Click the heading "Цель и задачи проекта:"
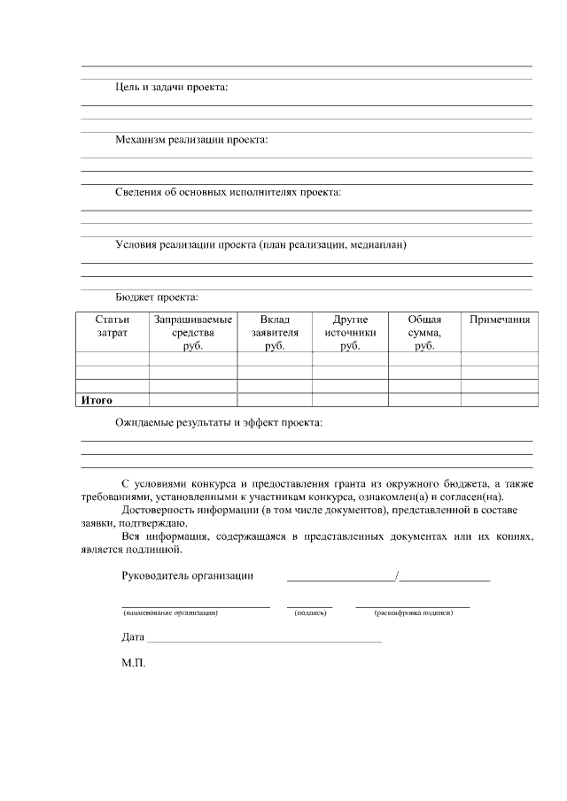[x=171, y=88]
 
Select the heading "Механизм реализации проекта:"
[x=191, y=140]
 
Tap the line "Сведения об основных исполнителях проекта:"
[x=228, y=192]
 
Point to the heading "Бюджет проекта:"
[x=156, y=297]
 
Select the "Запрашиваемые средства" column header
[x=193, y=332]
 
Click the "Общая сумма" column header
[x=424, y=332]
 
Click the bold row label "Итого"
[x=97, y=400]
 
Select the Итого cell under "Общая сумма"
[x=424, y=400]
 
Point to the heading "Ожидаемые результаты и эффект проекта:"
[x=219, y=423]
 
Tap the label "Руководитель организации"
[x=187, y=576]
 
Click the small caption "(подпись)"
[x=310, y=612]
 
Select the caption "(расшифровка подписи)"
[x=413, y=612]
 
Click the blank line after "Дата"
[x=264, y=637]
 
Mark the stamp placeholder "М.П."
[x=133, y=661]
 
